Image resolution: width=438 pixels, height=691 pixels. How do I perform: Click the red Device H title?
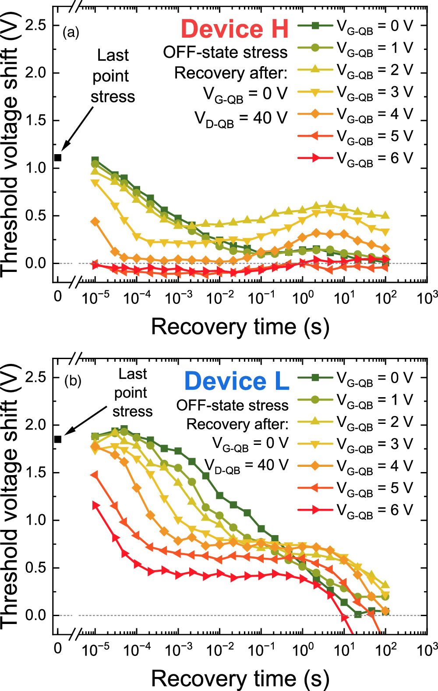point(235,29)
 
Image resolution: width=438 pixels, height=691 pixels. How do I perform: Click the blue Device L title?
point(237,381)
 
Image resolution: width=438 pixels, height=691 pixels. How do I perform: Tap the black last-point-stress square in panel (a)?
point(58,158)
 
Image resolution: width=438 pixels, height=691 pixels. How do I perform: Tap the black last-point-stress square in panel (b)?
point(58,439)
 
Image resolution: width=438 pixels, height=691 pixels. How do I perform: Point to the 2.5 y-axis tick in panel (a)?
point(35,25)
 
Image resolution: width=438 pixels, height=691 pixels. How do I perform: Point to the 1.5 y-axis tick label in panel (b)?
point(35,473)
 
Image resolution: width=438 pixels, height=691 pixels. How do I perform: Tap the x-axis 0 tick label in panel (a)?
point(58,297)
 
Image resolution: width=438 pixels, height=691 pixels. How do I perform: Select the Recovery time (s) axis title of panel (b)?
point(240,679)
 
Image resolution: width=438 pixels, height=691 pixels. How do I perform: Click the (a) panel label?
point(71,32)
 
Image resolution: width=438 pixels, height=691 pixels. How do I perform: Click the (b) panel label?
point(73,381)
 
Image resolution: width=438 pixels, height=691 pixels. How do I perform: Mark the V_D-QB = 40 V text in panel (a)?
point(241,119)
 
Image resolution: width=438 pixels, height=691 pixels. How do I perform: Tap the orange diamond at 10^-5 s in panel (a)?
point(95,222)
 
